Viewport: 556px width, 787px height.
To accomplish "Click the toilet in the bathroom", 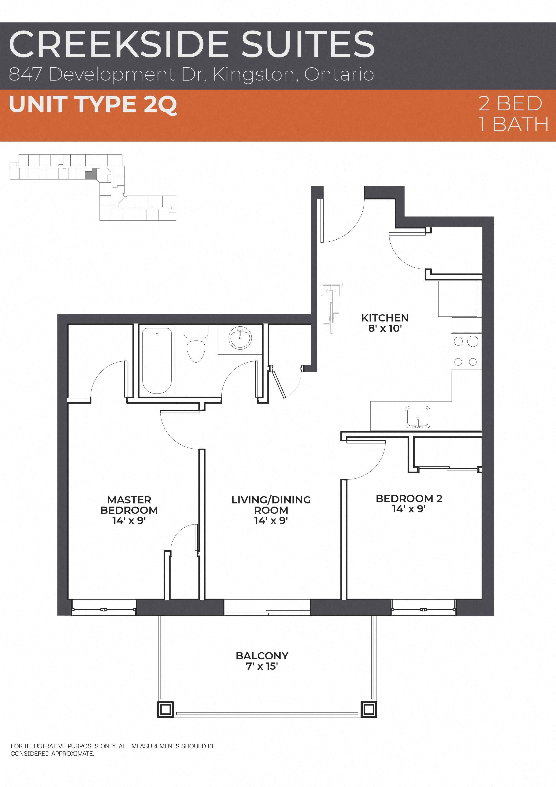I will tap(196, 345).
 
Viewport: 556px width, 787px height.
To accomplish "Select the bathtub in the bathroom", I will tap(157, 360).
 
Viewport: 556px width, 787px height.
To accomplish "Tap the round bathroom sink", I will tap(240, 338).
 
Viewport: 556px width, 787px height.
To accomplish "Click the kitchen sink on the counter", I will tap(417, 417).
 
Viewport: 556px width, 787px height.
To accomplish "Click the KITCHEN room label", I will tap(385, 323).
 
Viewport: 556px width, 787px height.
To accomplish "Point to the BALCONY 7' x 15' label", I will tap(262, 660).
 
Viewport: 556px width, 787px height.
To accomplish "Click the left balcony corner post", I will tap(165, 709).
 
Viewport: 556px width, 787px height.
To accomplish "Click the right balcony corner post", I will tap(369, 709).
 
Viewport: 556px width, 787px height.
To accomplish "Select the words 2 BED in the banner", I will tap(510, 103).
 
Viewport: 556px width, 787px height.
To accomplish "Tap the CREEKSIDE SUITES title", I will tap(192, 44).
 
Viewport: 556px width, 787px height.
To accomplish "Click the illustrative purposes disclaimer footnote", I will tap(113, 750).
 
